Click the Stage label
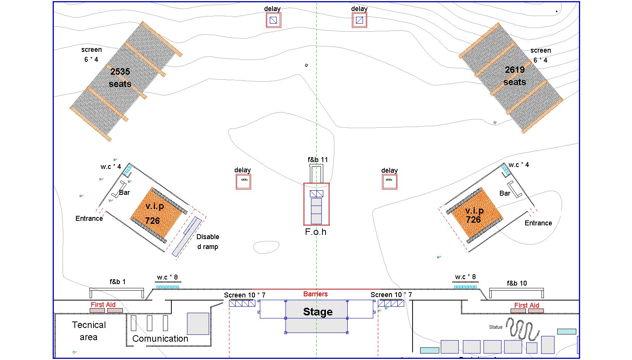click(x=318, y=312)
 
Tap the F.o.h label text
click(x=316, y=232)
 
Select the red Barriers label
click(x=316, y=294)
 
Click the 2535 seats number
click(x=120, y=72)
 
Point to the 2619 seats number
click(x=514, y=70)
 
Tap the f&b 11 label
click(x=318, y=159)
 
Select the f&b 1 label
click(x=118, y=281)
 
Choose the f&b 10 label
click(x=517, y=283)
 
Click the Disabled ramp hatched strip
click(x=187, y=237)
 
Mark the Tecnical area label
click(x=89, y=331)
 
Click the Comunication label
click(x=160, y=339)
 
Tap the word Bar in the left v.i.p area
click(x=124, y=193)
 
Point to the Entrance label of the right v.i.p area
click(x=538, y=223)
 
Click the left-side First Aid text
click(x=103, y=304)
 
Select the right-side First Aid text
click(x=527, y=305)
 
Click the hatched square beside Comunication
click(x=198, y=324)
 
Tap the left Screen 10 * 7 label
click(x=245, y=295)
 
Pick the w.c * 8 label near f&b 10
click(x=465, y=277)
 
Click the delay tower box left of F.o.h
click(x=243, y=182)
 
